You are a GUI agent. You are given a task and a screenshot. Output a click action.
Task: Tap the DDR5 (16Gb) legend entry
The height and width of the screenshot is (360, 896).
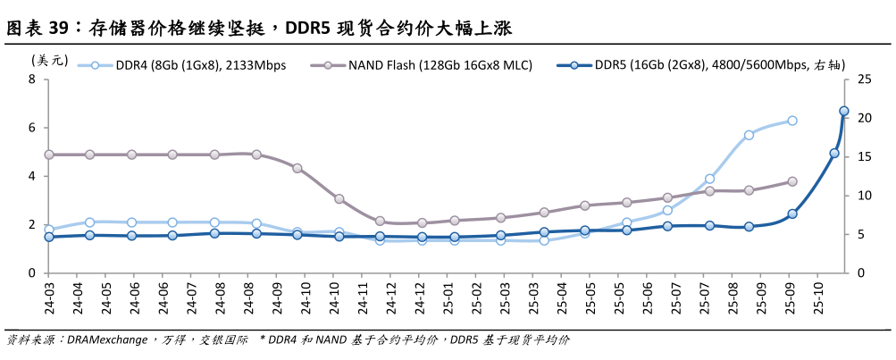click(x=706, y=65)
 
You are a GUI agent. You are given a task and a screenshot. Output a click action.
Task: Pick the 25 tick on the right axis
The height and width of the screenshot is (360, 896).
click(x=863, y=80)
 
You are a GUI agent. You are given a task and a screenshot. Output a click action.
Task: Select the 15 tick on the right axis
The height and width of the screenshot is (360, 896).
click(x=863, y=156)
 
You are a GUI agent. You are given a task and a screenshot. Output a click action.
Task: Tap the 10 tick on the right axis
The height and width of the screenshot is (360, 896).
click(x=863, y=196)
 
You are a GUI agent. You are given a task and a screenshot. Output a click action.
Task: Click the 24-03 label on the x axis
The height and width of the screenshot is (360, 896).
click(x=49, y=300)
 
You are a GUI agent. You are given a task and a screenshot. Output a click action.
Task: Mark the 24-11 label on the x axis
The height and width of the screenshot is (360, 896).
click(x=364, y=300)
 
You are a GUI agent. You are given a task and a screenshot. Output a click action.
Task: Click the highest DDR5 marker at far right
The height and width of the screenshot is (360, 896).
click(x=844, y=112)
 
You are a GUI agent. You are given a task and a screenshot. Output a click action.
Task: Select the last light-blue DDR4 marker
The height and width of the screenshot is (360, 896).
click(x=791, y=121)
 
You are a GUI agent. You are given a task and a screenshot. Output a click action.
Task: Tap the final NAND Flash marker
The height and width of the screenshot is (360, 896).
click(x=791, y=181)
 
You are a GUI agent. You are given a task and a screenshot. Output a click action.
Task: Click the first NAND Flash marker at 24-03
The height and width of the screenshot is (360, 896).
click(x=49, y=155)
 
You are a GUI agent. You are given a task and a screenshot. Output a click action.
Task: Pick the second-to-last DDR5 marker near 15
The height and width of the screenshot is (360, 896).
click(x=834, y=153)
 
